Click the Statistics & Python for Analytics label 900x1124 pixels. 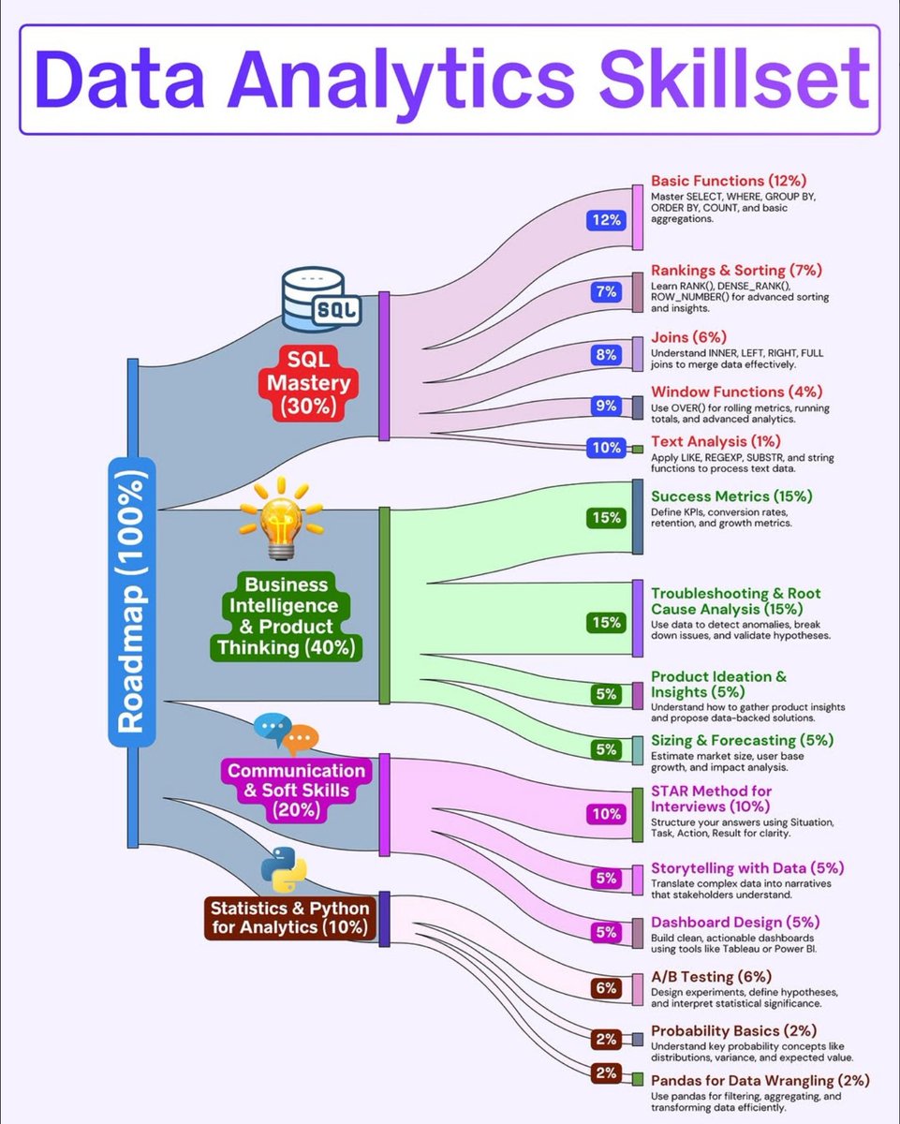(x=289, y=918)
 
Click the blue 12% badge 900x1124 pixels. (x=605, y=220)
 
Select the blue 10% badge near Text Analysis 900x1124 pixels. (x=605, y=448)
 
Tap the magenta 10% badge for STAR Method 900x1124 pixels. (x=605, y=813)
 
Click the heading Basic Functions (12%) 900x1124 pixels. (x=729, y=180)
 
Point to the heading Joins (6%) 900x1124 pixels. (x=688, y=337)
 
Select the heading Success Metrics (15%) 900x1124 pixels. (x=731, y=495)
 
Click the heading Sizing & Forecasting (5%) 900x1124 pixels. (x=742, y=740)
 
